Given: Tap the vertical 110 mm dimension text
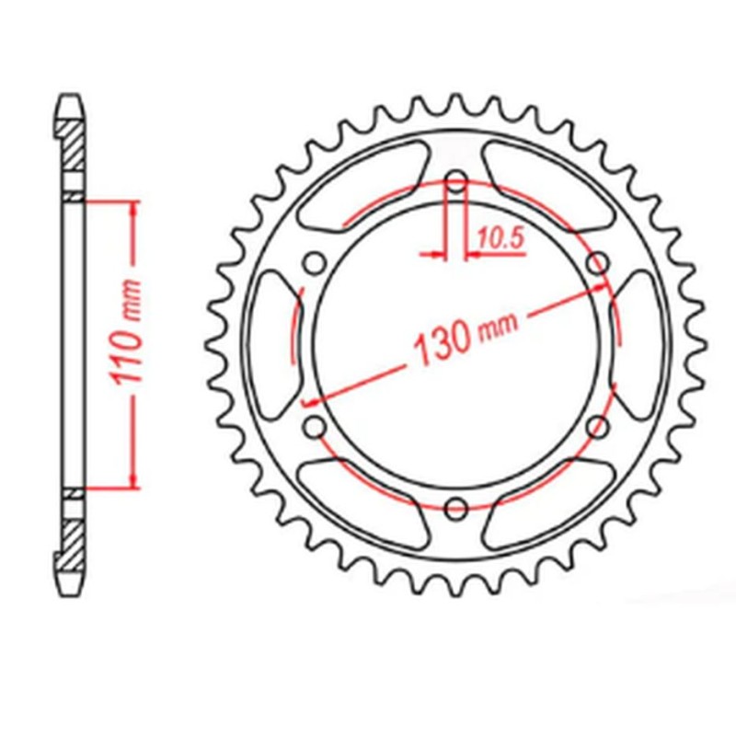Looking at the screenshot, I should (x=132, y=341).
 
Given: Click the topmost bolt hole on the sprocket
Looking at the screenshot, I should (x=455, y=180).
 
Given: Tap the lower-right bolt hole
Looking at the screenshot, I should (x=598, y=426).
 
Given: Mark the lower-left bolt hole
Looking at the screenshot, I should (x=314, y=426).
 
